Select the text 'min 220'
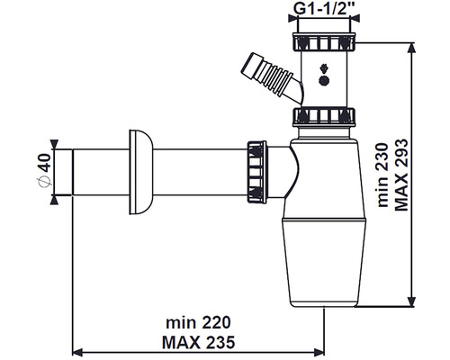(196, 320)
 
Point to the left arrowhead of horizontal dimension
(76, 351)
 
